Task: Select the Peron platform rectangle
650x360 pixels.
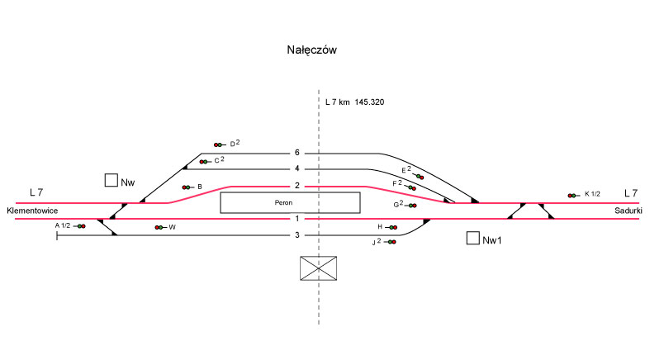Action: pos(290,202)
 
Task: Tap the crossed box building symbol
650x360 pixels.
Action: pos(319,268)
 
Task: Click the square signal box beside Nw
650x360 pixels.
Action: pos(111,180)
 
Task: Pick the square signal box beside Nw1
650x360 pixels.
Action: pos(472,239)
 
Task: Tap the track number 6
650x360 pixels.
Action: pos(297,153)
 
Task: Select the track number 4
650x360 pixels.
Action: pos(297,169)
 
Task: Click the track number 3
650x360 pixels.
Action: pos(297,236)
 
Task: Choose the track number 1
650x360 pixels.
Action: pos(297,219)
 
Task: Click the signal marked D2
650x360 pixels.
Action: pos(219,144)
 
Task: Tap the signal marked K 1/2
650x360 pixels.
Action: pos(572,195)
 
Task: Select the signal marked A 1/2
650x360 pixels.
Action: pos(81,225)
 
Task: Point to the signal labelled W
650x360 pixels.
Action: pos(158,227)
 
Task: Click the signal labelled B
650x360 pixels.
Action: pos(187,187)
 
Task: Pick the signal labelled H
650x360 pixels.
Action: pos(393,226)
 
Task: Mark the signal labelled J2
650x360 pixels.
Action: pos(391,242)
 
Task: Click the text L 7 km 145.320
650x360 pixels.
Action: pos(354,102)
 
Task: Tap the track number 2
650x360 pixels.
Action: pos(297,186)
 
